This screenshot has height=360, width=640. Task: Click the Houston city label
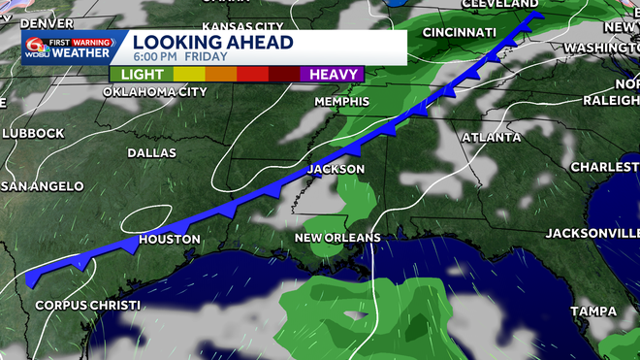click(x=170, y=239)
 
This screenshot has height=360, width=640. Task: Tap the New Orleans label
click(x=337, y=238)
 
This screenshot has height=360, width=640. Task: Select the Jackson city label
click(x=336, y=169)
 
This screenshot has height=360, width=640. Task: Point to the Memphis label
click(x=341, y=101)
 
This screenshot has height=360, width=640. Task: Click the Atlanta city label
click(x=485, y=137)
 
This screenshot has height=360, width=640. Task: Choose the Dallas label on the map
click(x=151, y=153)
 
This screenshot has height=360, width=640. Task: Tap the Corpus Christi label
click(x=87, y=306)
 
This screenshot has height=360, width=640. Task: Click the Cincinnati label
click(x=459, y=32)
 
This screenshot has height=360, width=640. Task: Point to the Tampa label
click(x=594, y=311)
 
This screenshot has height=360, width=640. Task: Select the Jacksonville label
click(x=592, y=233)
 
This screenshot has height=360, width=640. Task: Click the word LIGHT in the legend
click(x=141, y=74)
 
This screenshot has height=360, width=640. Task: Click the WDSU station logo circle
click(x=35, y=46)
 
